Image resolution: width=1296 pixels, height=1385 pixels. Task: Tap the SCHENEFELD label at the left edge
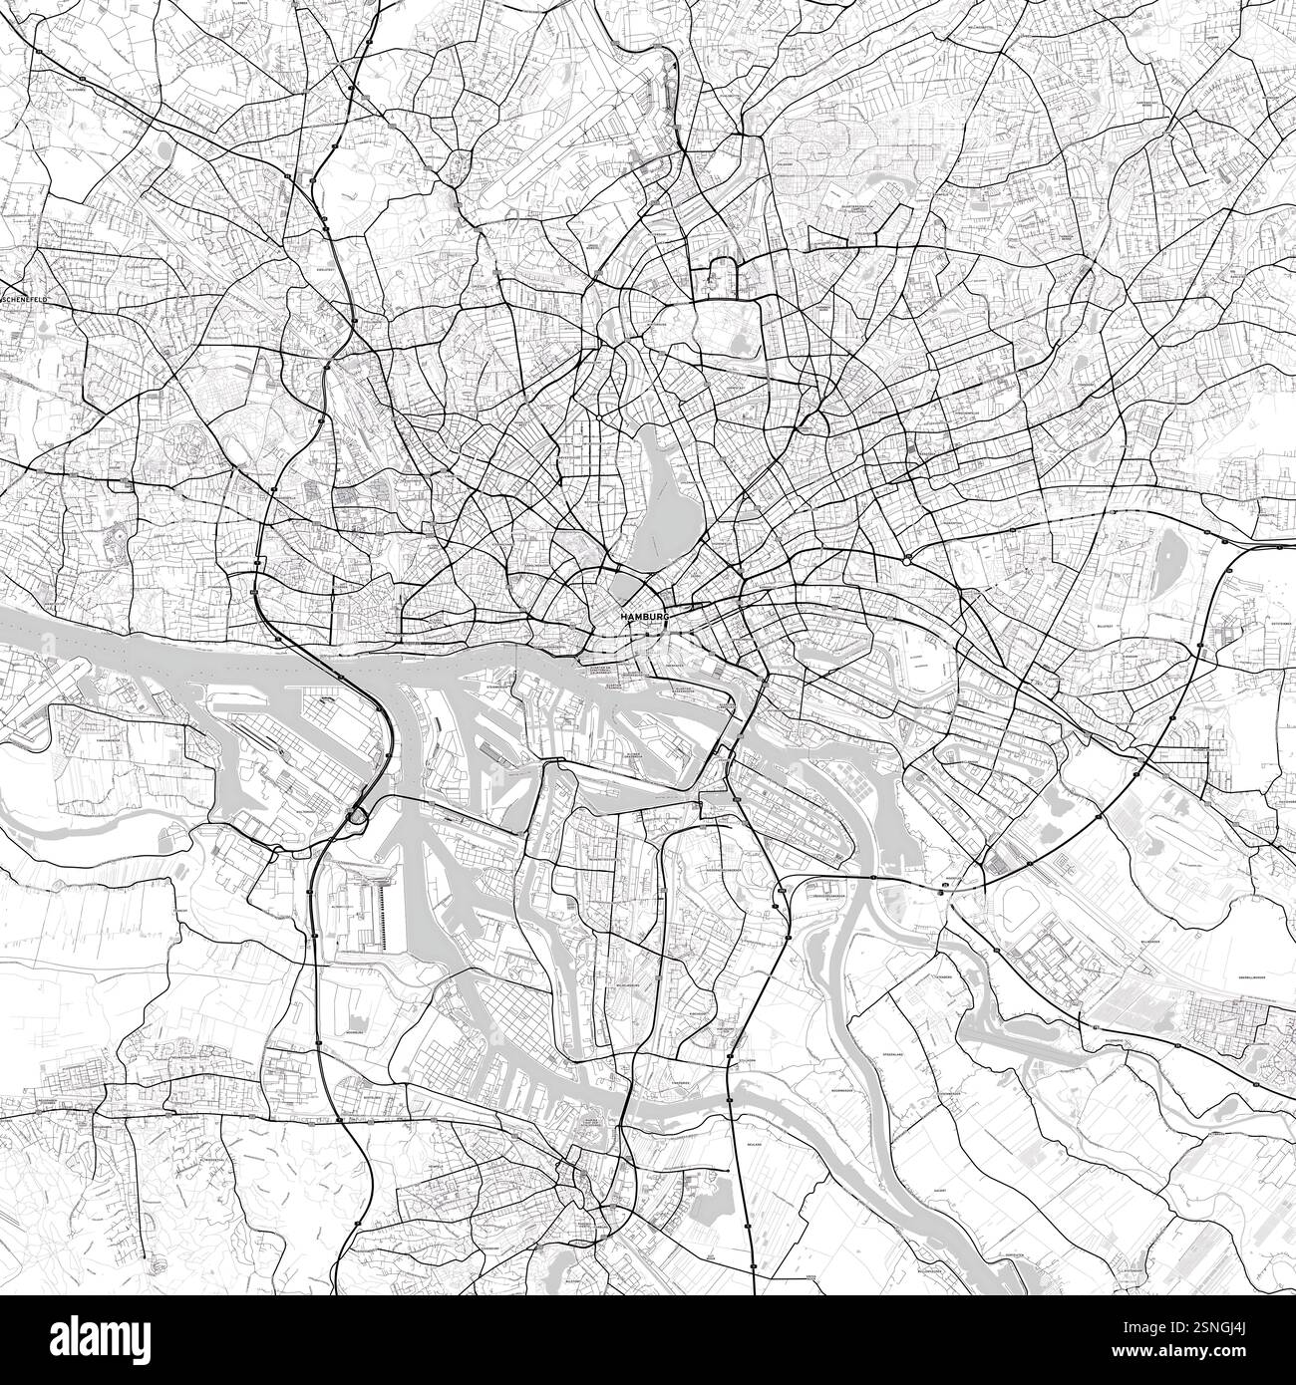pyautogui.click(x=27, y=298)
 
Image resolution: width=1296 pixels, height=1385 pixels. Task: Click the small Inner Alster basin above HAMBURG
pyautogui.click(x=626, y=584)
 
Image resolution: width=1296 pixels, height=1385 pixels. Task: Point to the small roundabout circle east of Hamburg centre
pyautogui.click(x=905, y=561)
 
